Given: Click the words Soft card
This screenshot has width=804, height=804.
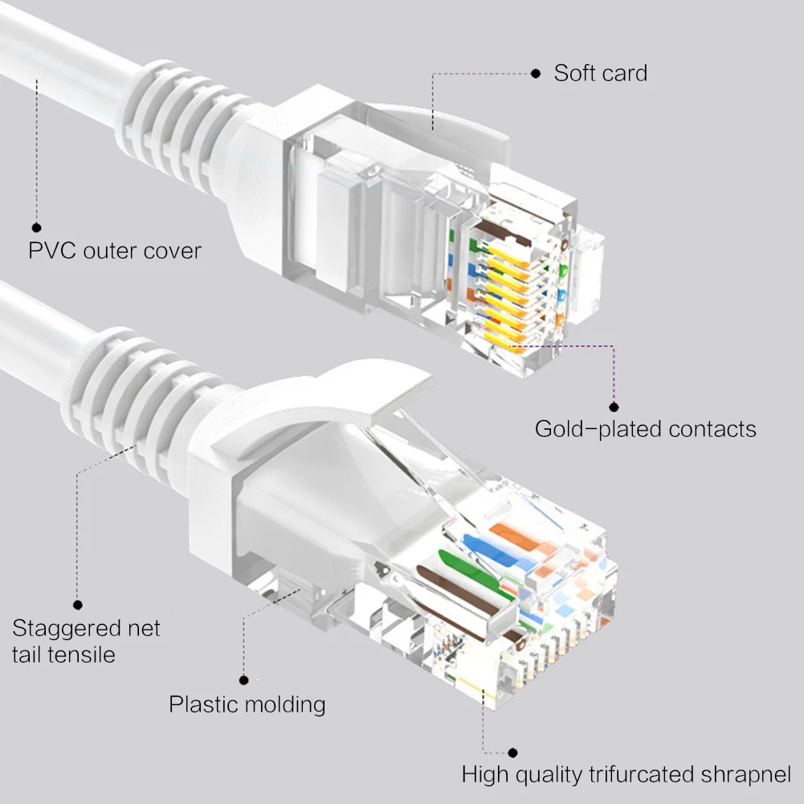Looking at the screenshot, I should point(600,74).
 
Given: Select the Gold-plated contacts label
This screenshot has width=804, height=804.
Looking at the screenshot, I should point(645,429).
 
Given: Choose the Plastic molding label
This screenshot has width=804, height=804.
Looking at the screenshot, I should point(247,705).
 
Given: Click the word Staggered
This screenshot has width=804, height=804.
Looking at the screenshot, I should point(63,628).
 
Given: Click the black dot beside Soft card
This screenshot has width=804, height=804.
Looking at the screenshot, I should point(536,74).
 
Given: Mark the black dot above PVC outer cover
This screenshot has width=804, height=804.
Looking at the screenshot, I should point(36,227).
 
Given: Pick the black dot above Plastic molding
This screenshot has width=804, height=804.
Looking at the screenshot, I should point(244,680).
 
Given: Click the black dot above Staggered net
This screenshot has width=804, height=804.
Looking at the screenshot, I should point(78,605).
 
